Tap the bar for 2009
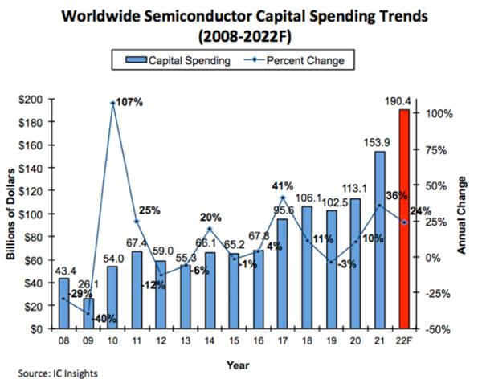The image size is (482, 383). point(88,313)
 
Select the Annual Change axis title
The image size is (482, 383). point(464,215)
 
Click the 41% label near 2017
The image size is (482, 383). point(283,186)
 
